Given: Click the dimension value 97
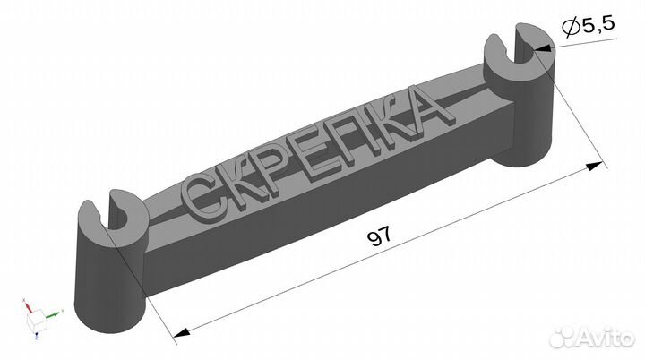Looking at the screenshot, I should (x=379, y=238).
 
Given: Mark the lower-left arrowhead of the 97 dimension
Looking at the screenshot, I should (x=183, y=333).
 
